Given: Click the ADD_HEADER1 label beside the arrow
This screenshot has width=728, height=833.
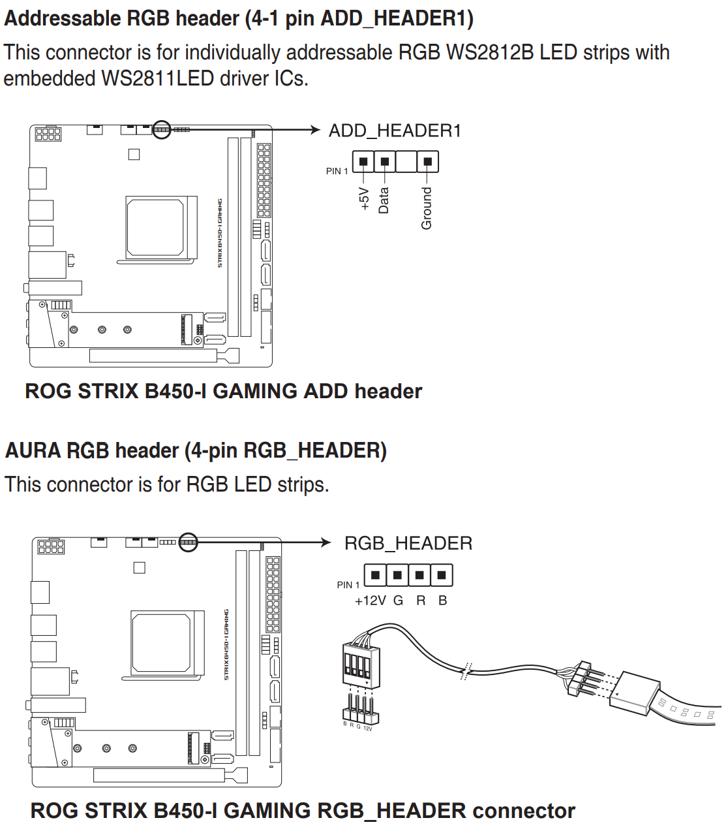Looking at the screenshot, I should click(x=395, y=131).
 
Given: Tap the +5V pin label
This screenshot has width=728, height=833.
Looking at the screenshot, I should click(x=364, y=198).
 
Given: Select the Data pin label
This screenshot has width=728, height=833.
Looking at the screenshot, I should click(x=384, y=200).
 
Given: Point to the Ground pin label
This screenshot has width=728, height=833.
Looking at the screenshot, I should click(x=427, y=208).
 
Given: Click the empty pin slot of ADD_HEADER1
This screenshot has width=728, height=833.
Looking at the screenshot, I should click(x=406, y=161).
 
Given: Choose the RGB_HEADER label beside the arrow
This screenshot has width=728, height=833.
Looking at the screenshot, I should click(x=408, y=543).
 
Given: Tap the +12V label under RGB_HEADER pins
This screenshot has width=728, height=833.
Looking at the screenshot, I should click(x=370, y=601).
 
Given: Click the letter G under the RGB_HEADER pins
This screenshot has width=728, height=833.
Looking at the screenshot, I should click(x=398, y=601).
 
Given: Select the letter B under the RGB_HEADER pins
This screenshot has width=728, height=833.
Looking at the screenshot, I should click(x=442, y=601).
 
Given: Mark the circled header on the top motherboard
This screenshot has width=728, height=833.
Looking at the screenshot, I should click(x=161, y=130).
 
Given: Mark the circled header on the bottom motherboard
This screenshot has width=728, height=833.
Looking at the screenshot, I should click(x=188, y=542).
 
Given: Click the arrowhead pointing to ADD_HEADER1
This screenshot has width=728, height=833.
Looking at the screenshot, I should click(x=316, y=130).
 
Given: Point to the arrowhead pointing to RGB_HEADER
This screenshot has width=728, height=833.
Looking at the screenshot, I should click(x=327, y=542).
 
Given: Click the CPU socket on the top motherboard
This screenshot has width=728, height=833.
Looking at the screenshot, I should click(x=156, y=227).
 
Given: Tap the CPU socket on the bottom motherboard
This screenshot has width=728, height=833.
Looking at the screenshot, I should click(x=160, y=643).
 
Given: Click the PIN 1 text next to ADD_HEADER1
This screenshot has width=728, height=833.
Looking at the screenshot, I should click(x=337, y=171).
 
